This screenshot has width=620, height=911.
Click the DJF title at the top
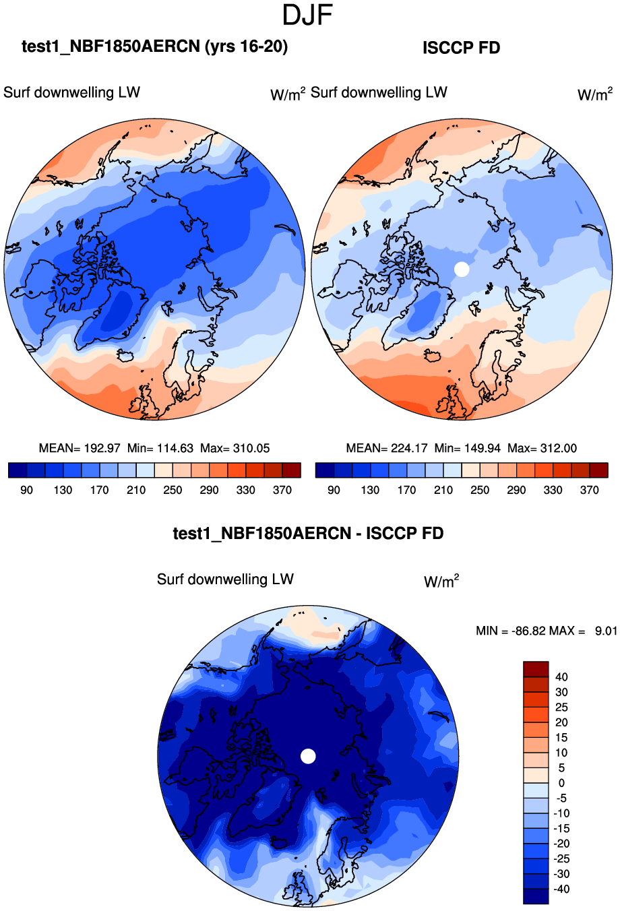pyautogui.click(x=308, y=15)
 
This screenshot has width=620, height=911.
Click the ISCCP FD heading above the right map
pyautogui.click(x=461, y=48)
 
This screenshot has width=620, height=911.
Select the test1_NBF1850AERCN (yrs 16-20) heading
pyautogui.click(x=154, y=46)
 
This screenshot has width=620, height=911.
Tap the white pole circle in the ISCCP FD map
pyautogui.click(x=462, y=269)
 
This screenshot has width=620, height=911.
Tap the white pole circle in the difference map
pyautogui.click(x=308, y=756)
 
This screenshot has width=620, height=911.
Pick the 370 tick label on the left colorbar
pyautogui.click(x=282, y=490)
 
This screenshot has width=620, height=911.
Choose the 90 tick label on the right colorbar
pyautogui.click(x=334, y=490)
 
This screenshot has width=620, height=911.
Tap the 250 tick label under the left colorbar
pyautogui.click(x=173, y=490)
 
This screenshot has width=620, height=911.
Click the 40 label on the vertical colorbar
pyautogui.click(x=561, y=677)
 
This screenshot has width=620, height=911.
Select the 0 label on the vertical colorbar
pyautogui.click(x=561, y=783)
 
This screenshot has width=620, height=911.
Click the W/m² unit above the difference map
pyautogui.click(x=441, y=581)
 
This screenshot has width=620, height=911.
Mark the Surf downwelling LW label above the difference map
pyautogui.click(x=225, y=579)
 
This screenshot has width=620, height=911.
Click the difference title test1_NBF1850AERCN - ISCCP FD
pyautogui.click(x=308, y=534)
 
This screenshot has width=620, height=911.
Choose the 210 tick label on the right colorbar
pyautogui.click(x=443, y=490)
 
